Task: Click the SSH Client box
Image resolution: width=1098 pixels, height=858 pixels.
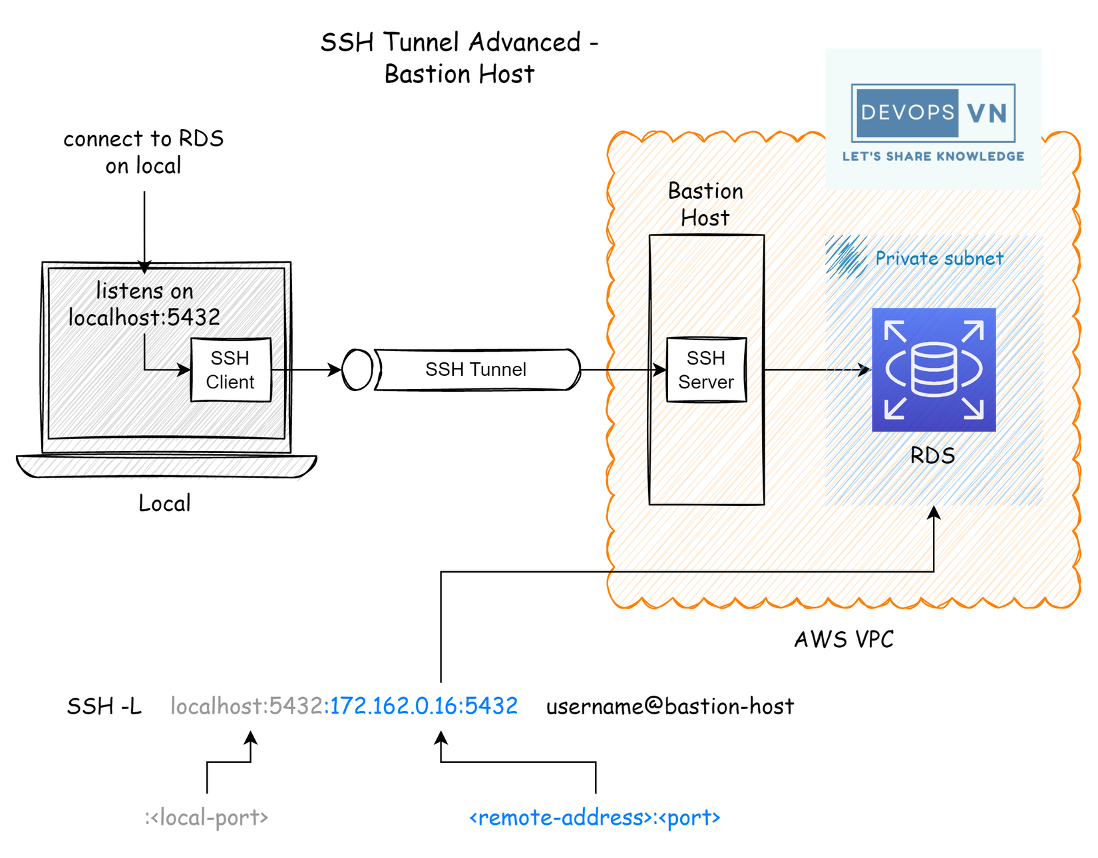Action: (230, 370)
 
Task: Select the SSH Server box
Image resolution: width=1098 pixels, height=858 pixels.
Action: (706, 370)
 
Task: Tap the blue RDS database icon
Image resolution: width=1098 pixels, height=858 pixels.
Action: (934, 370)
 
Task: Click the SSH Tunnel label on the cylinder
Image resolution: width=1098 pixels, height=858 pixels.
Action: (476, 369)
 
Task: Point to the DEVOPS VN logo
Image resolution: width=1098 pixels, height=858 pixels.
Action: (933, 112)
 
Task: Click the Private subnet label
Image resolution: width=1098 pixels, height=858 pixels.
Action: (939, 258)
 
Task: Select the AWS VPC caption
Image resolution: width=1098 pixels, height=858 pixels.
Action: (844, 639)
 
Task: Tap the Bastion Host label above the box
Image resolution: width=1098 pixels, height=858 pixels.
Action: (705, 204)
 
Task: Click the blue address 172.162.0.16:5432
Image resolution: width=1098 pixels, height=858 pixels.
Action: (423, 706)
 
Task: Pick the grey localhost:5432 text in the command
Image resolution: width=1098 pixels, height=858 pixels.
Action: (247, 706)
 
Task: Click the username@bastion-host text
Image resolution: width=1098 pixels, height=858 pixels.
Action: (670, 706)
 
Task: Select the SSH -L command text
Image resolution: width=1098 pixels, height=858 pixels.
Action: (104, 706)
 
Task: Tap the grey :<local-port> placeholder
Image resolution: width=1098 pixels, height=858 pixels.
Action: (206, 817)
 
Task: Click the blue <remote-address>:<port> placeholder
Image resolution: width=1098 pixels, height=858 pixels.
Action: (594, 817)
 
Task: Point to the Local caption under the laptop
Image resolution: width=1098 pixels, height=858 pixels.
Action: (164, 503)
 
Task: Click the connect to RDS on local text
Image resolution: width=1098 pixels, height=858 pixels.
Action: (143, 152)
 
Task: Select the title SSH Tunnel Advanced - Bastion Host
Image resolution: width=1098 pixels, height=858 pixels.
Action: (459, 58)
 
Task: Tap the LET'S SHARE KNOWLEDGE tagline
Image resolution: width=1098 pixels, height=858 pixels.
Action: (933, 156)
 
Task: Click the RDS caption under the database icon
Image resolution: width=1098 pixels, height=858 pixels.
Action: (932, 456)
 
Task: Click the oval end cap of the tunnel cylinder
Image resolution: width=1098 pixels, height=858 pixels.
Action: (357, 370)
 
